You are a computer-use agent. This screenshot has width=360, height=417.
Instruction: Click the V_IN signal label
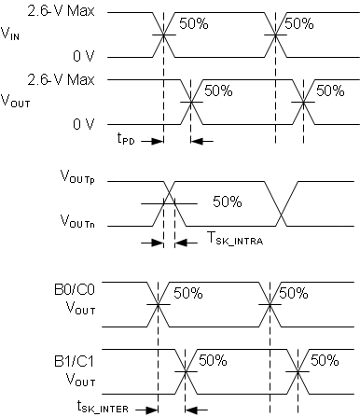[x=16, y=36]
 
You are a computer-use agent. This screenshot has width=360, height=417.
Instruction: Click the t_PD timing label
[x=128, y=141]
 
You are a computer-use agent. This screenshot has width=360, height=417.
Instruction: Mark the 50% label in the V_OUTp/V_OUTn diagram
[x=228, y=201]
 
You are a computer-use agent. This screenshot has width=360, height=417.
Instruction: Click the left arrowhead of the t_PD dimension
[x=159, y=142]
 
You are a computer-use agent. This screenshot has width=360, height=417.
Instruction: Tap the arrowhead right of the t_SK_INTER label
[x=190, y=408]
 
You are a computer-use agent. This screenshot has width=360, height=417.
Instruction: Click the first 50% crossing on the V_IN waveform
[x=163, y=36]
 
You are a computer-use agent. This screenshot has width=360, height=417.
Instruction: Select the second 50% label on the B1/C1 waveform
[x=324, y=360]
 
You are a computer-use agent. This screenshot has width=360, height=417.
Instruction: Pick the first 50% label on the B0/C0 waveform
[x=187, y=293]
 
